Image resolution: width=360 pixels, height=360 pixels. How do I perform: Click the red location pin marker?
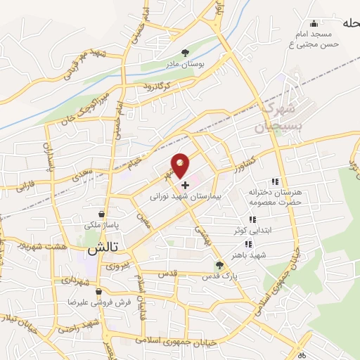[x=181, y=165]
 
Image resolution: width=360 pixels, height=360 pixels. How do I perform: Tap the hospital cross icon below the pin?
[x=185, y=186]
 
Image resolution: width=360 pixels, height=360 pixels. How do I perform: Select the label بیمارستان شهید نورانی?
[x=185, y=198]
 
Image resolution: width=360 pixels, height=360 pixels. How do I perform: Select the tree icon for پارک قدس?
[x=219, y=265]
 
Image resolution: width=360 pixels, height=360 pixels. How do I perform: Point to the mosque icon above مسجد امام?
[x=311, y=22]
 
